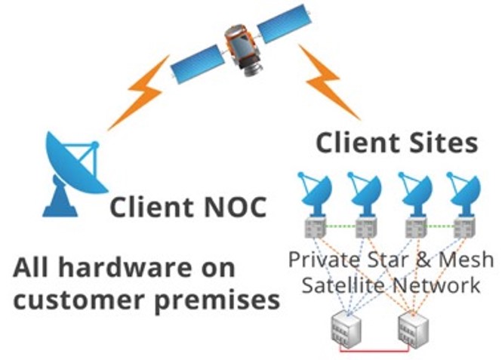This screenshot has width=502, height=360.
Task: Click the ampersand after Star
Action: point(420,260)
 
